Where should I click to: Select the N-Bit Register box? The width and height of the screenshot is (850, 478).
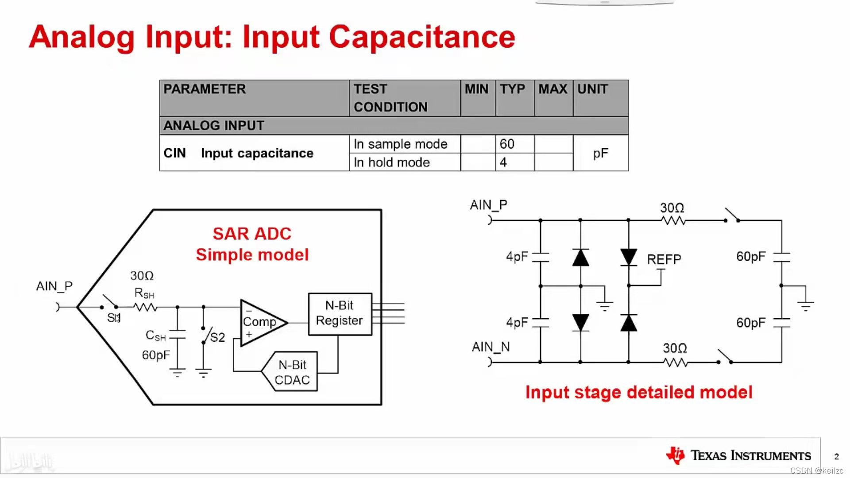click(x=340, y=313)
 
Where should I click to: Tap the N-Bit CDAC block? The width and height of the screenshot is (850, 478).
click(x=292, y=372)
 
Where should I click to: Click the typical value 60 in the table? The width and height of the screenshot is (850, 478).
click(x=507, y=144)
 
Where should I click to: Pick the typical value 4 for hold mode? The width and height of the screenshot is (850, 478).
click(x=503, y=162)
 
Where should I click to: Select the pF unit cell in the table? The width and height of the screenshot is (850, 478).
click(x=600, y=153)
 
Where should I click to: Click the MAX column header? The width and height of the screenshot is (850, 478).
click(x=552, y=89)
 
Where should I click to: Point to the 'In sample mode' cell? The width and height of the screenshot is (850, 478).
click(x=400, y=144)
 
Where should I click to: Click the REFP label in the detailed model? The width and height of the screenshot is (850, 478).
click(x=664, y=259)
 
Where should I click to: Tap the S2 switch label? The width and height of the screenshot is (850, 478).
click(x=217, y=338)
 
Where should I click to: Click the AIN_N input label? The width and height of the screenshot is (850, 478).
click(x=491, y=347)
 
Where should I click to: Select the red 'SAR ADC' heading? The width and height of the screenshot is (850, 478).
click(x=252, y=234)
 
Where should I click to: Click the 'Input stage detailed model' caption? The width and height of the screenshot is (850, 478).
click(x=638, y=393)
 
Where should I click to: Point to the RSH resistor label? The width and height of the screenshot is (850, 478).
click(x=144, y=293)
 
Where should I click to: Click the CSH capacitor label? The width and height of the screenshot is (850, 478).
click(x=155, y=336)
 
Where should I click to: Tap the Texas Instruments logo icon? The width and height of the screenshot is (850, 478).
click(x=676, y=455)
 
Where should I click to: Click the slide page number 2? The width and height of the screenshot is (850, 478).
click(x=836, y=456)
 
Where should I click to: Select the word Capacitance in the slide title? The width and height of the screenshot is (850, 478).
click(x=422, y=37)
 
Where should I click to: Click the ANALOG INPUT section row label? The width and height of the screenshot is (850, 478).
click(x=214, y=126)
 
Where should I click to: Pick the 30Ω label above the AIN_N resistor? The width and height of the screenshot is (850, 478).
click(x=675, y=348)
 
